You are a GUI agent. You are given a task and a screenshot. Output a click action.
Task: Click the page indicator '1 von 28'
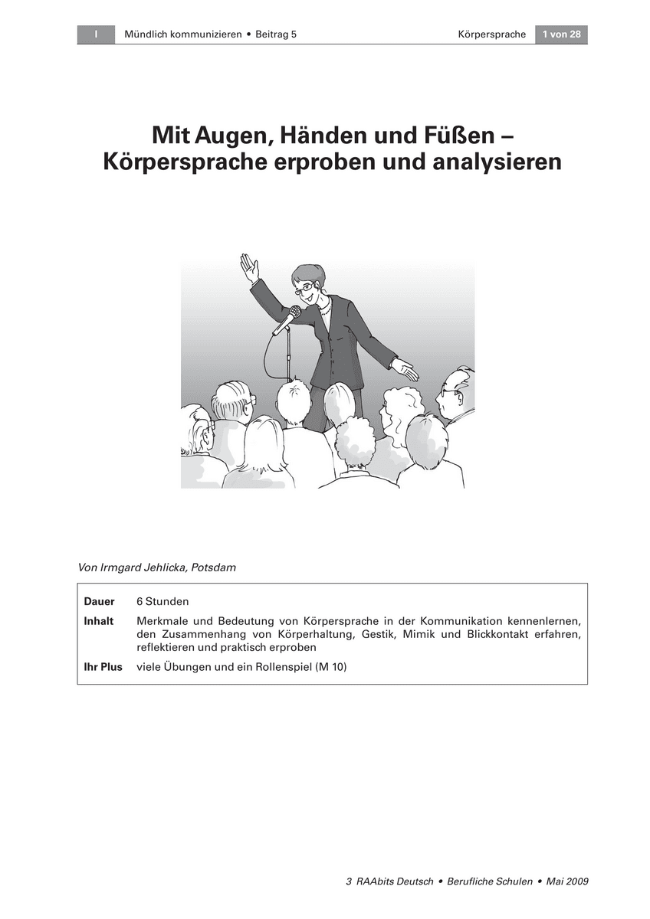coord(561,34)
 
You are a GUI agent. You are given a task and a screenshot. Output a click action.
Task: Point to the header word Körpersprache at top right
coord(491,34)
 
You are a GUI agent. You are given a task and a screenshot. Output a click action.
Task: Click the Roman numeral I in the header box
coord(96,34)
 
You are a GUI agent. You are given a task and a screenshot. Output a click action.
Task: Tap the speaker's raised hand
coord(248,267)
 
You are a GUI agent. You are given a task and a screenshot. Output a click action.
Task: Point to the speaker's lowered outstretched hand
coord(405,368)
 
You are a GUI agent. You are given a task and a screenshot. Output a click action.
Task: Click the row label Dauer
coord(99,602)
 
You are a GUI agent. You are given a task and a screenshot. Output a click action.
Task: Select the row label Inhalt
coord(99,620)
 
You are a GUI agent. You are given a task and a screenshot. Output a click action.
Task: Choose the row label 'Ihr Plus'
coord(103,667)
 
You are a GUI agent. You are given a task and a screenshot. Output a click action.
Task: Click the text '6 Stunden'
coord(162,602)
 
